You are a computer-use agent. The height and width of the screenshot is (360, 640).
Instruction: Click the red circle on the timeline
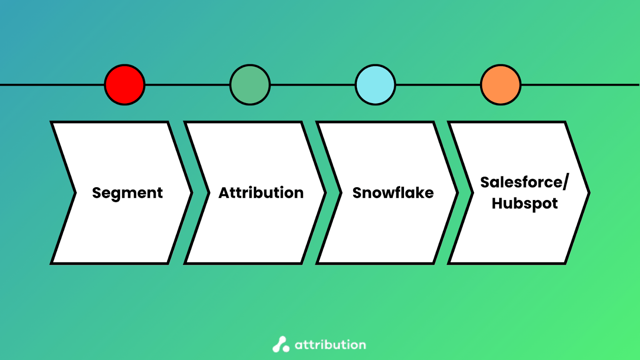124,85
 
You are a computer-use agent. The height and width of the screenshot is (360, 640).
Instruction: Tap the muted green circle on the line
250,85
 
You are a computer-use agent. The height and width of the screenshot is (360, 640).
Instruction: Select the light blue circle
376,85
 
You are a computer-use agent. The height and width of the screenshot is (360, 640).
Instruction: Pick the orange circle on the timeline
501,85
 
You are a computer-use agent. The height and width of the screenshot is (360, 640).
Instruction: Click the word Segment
128,193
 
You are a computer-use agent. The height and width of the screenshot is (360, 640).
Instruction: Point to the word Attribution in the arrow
261,192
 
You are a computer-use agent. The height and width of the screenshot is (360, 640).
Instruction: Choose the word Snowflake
393,192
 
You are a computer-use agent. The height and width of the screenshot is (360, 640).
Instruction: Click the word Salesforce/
524,182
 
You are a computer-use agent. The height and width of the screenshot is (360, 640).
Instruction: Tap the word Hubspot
524,204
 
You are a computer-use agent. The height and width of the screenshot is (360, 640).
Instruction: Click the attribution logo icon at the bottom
281,344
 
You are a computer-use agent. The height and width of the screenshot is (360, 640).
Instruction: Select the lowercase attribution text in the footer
330,345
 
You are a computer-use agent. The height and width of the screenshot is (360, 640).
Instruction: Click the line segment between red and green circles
188,85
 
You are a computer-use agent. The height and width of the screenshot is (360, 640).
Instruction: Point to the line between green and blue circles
313,85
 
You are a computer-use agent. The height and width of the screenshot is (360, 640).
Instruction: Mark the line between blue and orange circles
438,85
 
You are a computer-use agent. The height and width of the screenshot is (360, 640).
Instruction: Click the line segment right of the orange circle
580,85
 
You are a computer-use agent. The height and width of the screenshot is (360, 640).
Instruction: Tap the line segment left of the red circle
52,85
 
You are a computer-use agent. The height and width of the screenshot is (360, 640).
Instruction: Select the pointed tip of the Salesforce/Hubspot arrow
590,193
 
